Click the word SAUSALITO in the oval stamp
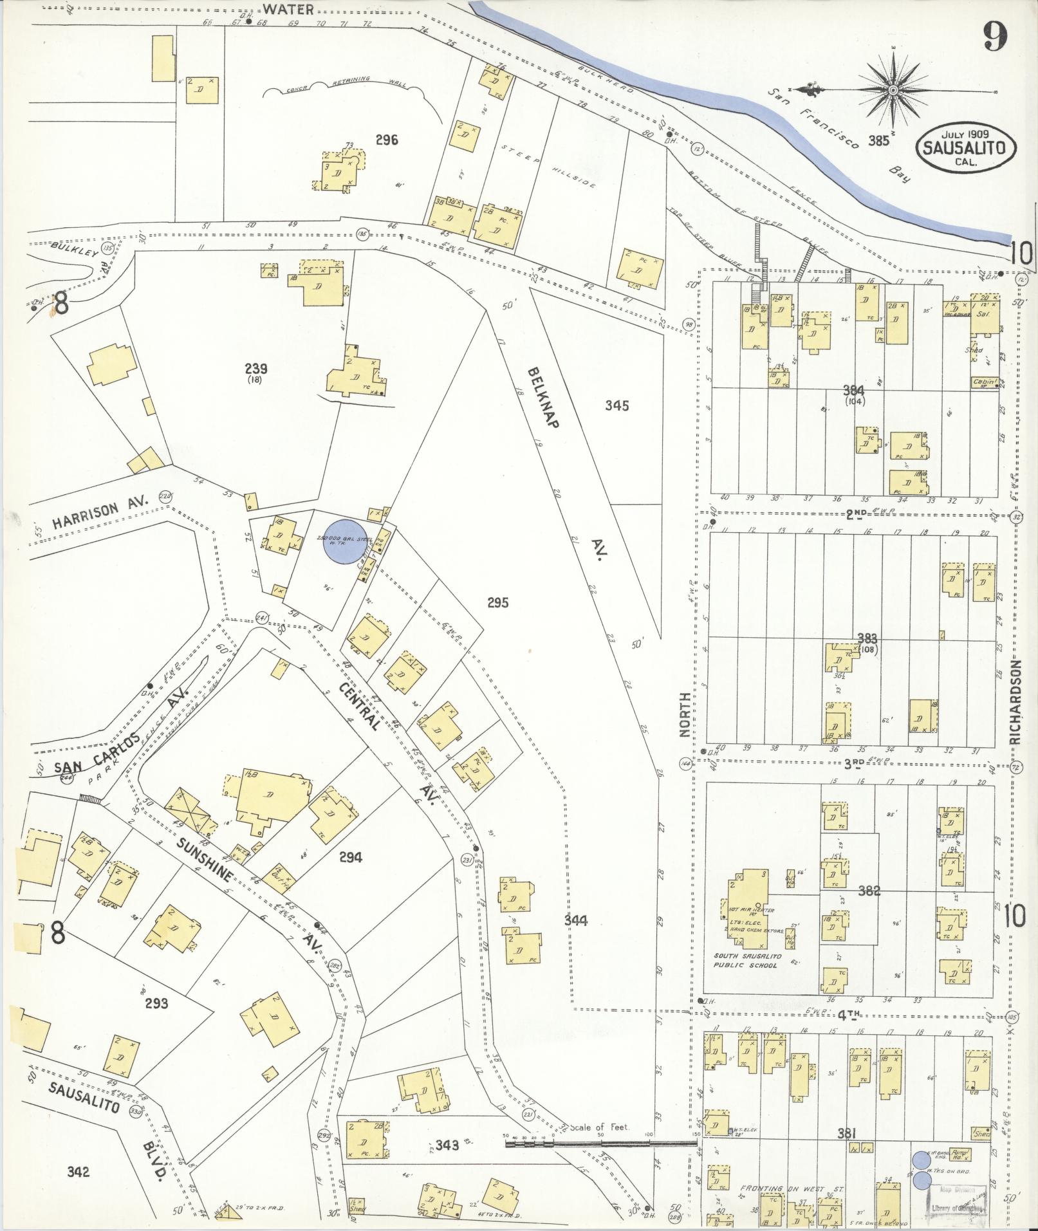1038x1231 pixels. (966, 147)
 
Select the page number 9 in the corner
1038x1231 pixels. (995, 37)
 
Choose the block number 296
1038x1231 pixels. (387, 140)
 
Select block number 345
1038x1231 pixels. (616, 405)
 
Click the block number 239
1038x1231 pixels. (256, 369)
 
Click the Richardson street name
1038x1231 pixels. (1015, 702)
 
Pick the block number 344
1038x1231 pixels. (575, 921)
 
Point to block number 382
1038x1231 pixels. (869, 891)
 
